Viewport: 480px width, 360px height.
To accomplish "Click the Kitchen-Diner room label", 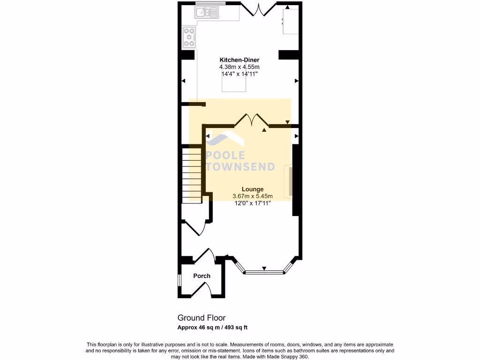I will (x=239, y=60).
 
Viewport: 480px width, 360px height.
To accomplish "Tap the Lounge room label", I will (x=252, y=189).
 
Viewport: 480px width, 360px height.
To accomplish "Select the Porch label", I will (x=202, y=276).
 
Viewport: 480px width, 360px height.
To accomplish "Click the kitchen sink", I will (x=207, y=12).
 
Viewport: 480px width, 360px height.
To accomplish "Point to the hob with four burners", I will (x=189, y=37).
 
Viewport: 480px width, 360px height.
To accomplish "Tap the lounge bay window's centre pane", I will (x=264, y=271).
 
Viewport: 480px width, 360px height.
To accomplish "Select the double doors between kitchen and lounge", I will (x=252, y=120).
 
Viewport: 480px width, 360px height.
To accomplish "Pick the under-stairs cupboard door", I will (x=196, y=227).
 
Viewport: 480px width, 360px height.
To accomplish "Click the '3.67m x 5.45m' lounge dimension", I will (x=252, y=196).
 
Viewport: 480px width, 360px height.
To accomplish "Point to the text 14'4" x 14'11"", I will (x=239, y=74).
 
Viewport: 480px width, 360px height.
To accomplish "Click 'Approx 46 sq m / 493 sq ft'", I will (x=215, y=327).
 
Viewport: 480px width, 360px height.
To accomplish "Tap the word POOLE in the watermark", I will (x=225, y=156).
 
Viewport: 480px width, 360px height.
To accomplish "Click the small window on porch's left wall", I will (x=179, y=279).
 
